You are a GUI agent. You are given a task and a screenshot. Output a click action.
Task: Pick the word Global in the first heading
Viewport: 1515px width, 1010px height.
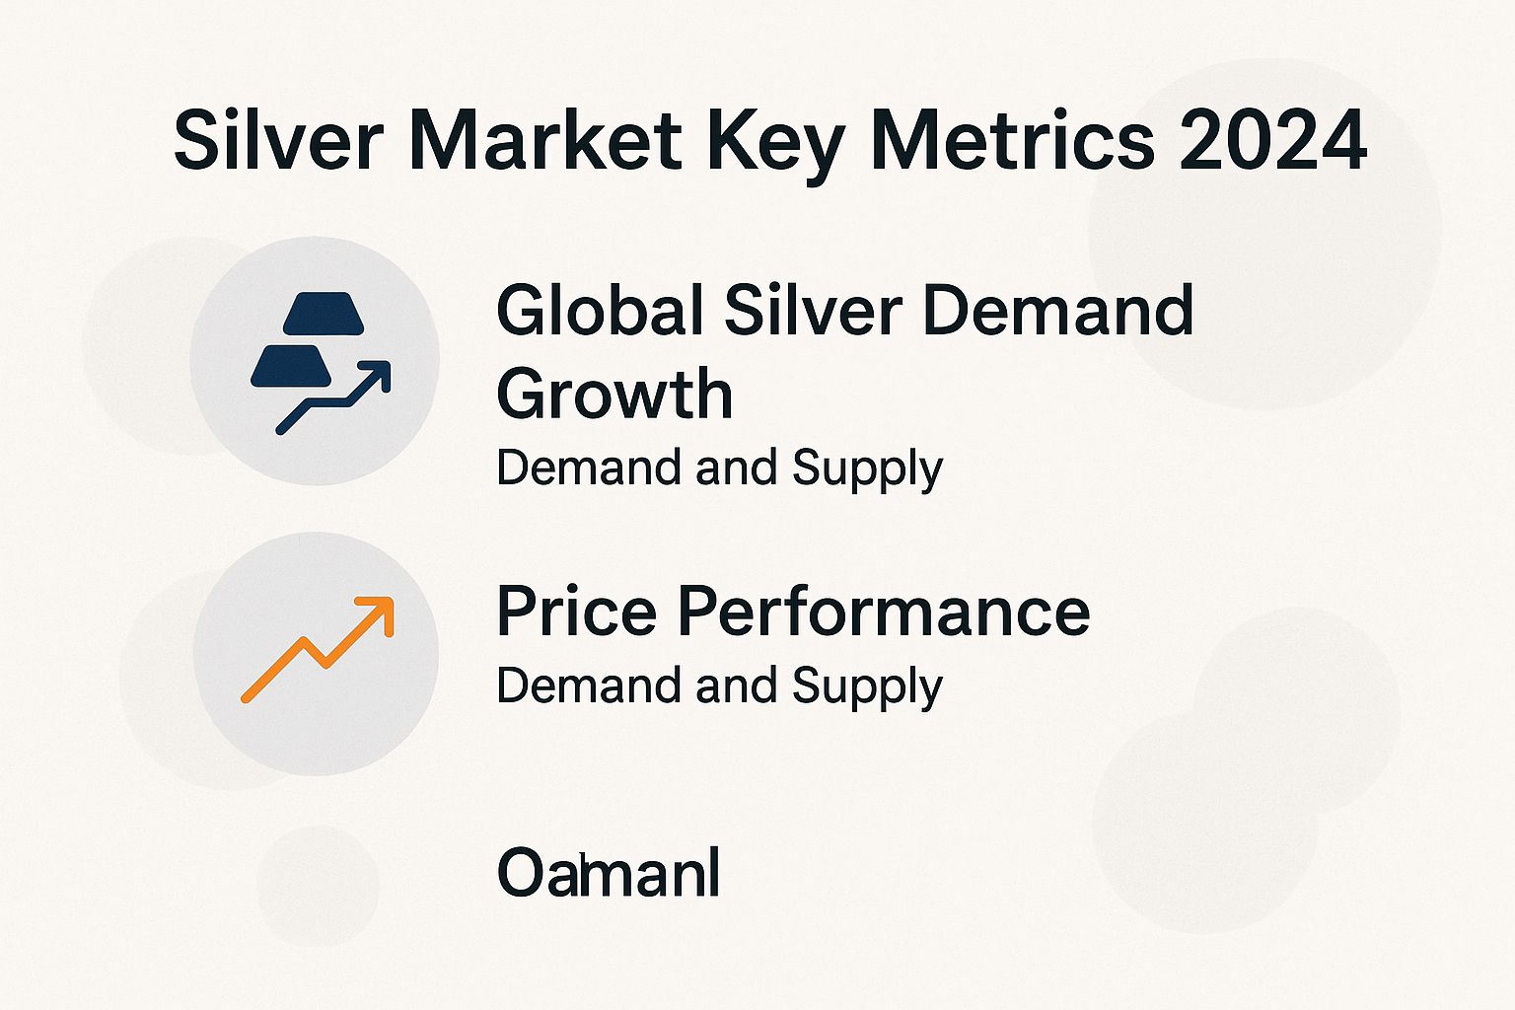click(601, 311)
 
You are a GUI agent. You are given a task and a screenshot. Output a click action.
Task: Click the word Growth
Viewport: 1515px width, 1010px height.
click(614, 395)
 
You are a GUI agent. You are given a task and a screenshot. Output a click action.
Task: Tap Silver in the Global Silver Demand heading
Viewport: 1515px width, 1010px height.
click(814, 311)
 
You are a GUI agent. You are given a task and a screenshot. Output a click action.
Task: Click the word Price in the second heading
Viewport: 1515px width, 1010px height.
click(576, 612)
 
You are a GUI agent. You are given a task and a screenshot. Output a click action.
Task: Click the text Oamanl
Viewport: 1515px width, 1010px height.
click(608, 873)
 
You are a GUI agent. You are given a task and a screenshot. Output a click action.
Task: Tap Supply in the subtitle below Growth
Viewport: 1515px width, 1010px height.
click(867, 469)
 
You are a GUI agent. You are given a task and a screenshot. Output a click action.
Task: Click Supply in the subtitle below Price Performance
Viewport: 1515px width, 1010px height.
click(867, 687)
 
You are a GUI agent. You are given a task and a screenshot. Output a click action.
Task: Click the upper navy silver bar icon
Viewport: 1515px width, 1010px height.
click(324, 314)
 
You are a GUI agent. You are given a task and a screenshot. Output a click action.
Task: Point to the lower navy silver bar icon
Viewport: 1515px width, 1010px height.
click(290, 366)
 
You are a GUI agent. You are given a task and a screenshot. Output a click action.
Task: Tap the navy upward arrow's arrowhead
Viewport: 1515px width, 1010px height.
click(377, 376)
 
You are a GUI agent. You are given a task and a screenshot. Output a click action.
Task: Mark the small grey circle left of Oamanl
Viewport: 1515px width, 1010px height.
click(318, 885)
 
